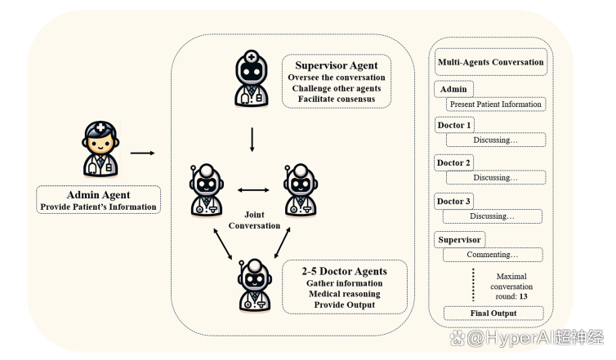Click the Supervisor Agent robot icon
[252, 79]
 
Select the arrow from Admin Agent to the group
[143, 152]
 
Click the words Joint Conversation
[254, 219]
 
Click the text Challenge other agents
[337, 88]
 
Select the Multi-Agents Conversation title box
[490, 62]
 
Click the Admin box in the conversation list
[453, 89]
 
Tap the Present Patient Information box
[495, 104]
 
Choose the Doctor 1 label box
[454, 125]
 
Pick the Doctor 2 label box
[454, 162]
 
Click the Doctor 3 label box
[454, 201]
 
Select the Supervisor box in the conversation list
[459, 240]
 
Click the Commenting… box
[494, 256]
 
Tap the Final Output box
[494, 313]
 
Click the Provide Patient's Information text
[98, 207]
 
